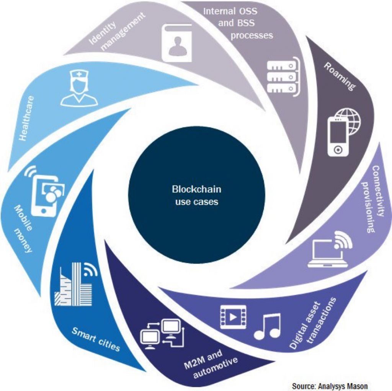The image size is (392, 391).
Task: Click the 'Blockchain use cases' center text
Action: tap(196, 195)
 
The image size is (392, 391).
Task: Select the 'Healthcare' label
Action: tap(27, 119)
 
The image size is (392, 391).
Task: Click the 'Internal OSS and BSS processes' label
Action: tap(238, 23)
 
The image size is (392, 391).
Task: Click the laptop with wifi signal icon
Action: tap(330, 249)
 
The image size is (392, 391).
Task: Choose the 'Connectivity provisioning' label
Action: tap(374, 199)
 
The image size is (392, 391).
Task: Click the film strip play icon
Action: tap(233, 317)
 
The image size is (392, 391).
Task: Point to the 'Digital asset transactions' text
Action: tap(313, 323)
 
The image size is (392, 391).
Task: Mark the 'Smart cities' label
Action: tap(96, 339)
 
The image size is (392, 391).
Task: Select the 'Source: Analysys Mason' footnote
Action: tap(330, 386)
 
